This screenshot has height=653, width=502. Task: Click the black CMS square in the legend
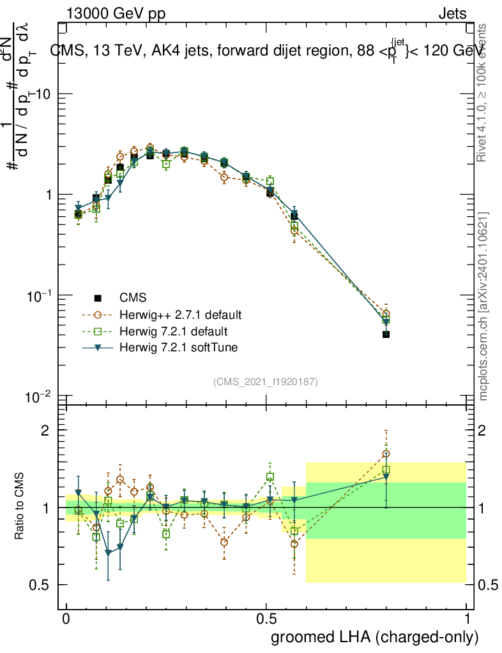98,298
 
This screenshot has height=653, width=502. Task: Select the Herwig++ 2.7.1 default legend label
180,315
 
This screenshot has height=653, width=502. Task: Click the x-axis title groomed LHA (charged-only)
375,637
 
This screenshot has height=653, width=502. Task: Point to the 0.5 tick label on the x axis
266,620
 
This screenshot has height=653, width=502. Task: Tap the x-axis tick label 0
66,620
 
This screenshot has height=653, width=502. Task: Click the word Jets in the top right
452,13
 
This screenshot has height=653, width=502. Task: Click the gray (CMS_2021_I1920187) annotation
266,382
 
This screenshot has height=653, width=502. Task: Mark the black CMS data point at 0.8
386,334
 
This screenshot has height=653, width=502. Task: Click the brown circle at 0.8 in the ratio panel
386,455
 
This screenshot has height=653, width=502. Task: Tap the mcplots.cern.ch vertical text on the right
483,306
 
